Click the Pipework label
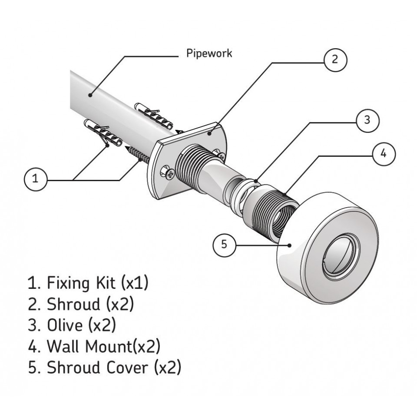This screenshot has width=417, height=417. (209, 53)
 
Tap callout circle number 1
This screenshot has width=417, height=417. (35, 179)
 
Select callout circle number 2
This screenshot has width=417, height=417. (335, 60)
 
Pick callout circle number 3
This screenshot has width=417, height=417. (367, 120)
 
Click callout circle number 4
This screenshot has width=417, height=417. (384, 154)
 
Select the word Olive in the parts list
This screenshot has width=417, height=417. (65, 325)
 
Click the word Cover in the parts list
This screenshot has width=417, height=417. (127, 368)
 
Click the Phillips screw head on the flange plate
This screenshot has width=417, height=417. (170, 175)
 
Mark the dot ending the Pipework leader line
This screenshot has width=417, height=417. (90, 95)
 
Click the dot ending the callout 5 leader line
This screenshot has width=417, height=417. (290, 245)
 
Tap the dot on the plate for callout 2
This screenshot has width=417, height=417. (210, 133)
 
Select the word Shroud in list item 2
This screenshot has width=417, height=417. (73, 304)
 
